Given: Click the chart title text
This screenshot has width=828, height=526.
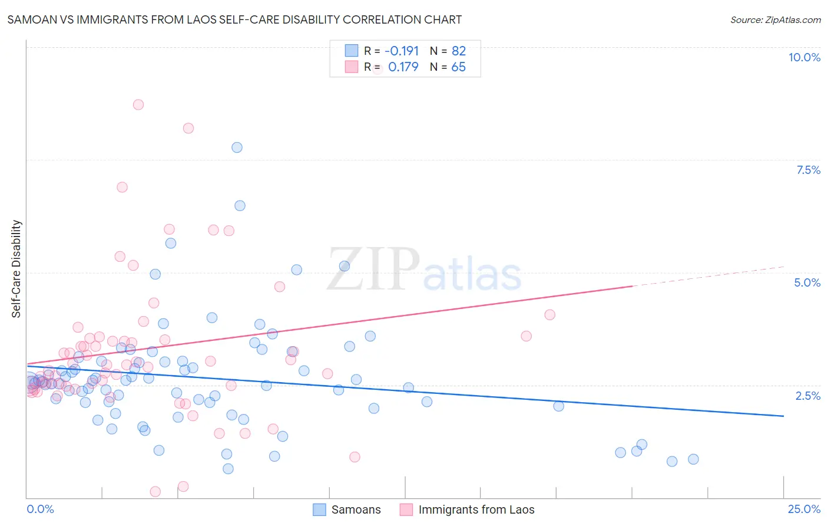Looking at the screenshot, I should [234, 19].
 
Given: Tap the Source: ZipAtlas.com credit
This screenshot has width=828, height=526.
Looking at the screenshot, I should [775, 19].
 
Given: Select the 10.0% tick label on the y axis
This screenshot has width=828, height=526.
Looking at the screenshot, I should [804, 57].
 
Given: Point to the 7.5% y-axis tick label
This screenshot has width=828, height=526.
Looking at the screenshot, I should [808, 170].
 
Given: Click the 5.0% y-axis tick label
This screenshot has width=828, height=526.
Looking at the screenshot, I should [807, 282].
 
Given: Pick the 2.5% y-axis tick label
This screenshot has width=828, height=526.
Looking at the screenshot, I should [807, 396].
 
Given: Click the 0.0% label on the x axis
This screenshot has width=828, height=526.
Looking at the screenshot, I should [40, 509].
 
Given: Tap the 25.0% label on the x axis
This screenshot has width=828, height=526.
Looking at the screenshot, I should [804, 509].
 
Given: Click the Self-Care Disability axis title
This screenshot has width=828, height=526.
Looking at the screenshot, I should [16, 269].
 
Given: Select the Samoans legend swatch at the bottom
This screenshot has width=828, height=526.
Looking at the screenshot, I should [319, 509].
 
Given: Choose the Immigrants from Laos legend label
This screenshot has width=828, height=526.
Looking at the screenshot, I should [476, 509].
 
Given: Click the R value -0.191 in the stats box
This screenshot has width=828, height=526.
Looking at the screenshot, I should [401, 51].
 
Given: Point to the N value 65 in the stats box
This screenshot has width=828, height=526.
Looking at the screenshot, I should [458, 67].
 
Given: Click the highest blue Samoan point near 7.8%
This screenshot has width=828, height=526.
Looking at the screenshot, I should [237, 147].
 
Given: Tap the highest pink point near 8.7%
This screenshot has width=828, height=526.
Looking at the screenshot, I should [138, 104].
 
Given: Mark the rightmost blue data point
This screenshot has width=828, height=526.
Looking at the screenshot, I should [693, 459].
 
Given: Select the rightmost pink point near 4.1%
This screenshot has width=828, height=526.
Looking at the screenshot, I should [549, 314].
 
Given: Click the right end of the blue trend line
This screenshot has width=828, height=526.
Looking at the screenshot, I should [783, 416].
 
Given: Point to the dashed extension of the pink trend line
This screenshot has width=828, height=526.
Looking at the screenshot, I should [707, 277].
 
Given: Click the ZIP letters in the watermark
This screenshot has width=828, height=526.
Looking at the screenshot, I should [373, 269].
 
